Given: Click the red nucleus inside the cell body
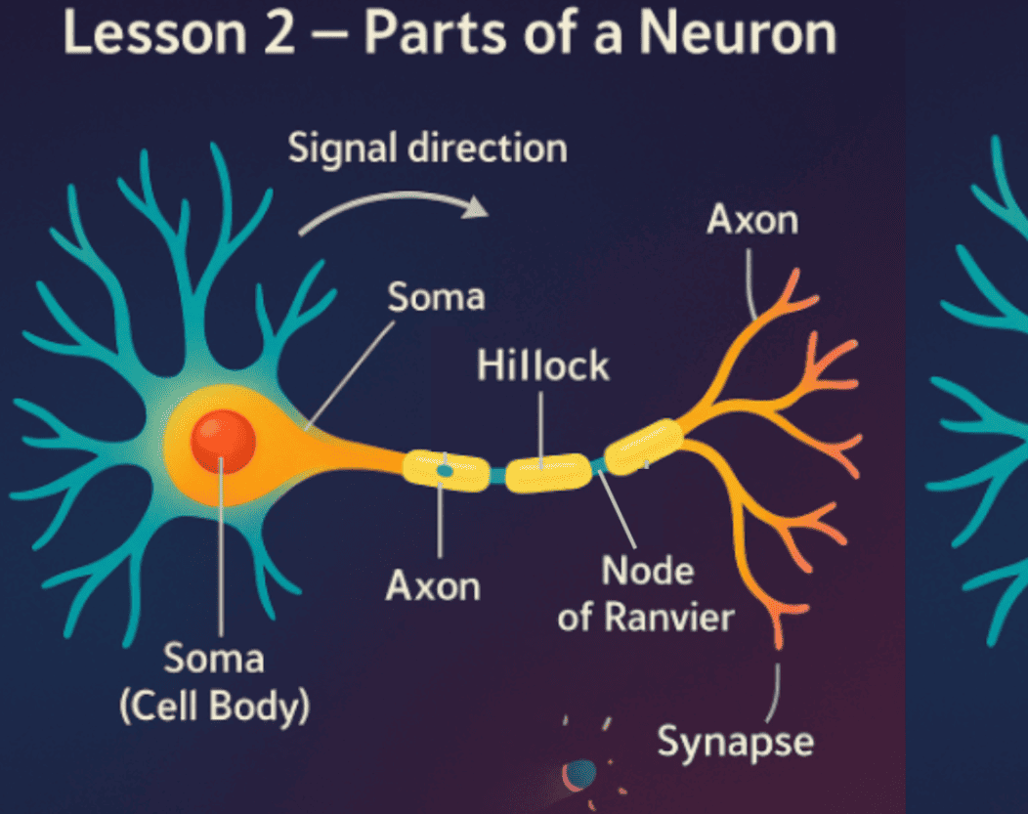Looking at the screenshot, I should pos(223,441).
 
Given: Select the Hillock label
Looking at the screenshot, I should pos(542,366).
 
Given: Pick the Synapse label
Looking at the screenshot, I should pos(735,741).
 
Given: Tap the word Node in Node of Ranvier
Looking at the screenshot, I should pos(646,572).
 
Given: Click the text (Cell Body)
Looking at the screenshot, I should pos(214,707).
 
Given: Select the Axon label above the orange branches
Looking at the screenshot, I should pos(752,221).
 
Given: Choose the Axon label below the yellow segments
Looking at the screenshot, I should pos(433,586).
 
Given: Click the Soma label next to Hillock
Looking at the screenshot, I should pos(436,297).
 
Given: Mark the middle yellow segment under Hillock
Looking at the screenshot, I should pos(548,472).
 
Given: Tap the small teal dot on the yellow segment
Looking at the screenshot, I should pos(445,470).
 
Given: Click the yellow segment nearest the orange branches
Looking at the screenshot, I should pos(644,446).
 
